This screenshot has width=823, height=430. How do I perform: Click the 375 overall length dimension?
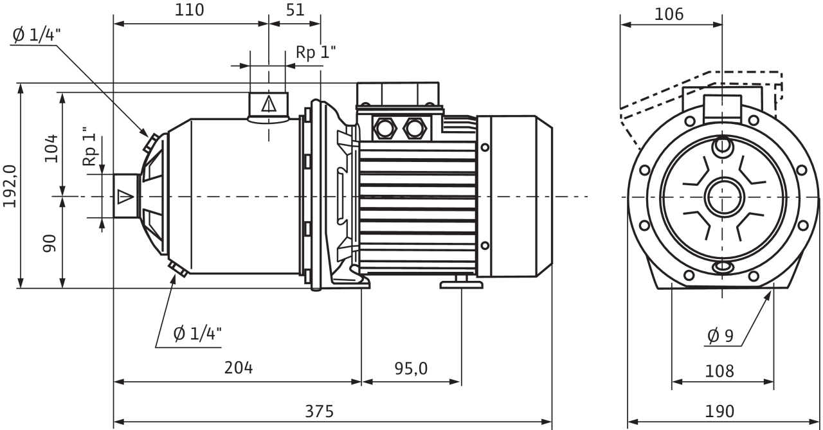[x=320, y=411]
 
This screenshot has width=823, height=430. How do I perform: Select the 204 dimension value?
[x=239, y=368]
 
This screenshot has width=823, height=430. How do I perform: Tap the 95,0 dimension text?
[x=411, y=369]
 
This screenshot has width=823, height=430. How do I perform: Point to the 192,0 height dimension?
[x=10, y=186]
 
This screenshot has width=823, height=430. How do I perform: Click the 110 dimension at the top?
[x=189, y=10]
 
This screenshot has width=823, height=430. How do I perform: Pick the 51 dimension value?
[x=295, y=10]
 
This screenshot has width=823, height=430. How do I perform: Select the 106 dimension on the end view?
[x=669, y=14]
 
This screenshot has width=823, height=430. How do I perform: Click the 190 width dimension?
[x=719, y=411]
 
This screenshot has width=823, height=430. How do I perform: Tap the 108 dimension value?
[x=719, y=372]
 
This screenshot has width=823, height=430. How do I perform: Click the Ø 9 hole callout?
[x=720, y=336]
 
